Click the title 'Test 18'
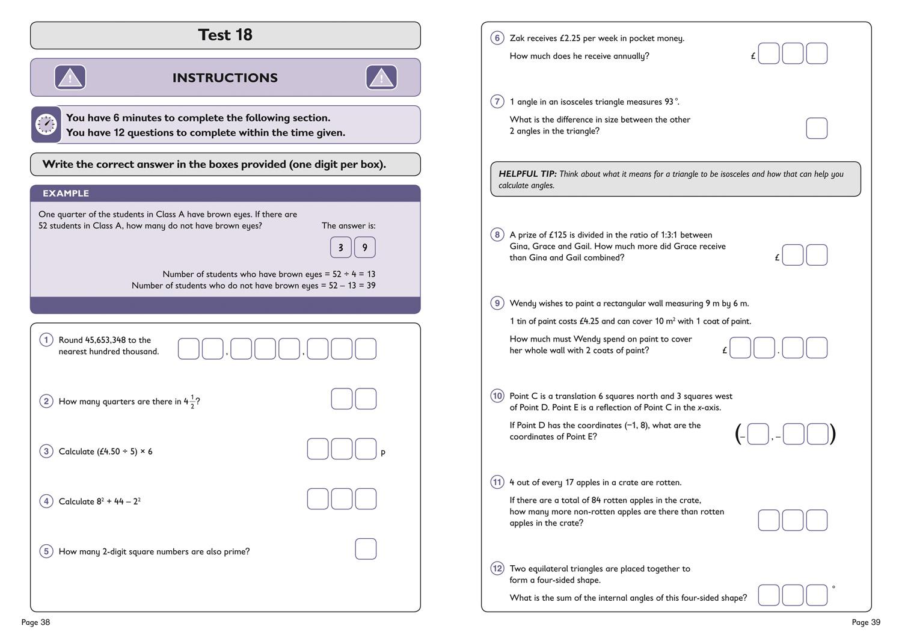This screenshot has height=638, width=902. [x=225, y=35]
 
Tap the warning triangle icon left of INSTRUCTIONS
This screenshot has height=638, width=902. [x=70, y=78]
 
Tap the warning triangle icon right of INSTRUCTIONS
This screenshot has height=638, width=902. [x=381, y=78]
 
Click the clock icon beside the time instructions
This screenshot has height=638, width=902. [x=46, y=124]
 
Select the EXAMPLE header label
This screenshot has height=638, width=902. [x=66, y=193]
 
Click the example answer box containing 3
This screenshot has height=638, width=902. [x=341, y=247]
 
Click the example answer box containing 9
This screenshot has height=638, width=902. [x=364, y=247]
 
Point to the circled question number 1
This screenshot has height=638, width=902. [x=46, y=340]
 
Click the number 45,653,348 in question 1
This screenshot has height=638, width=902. [x=105, y=340]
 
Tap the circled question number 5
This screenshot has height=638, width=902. [x=46, y=551]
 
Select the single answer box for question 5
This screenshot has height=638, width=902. [x=366, y=549]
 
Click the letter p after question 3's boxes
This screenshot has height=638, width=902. [x=383, y=453]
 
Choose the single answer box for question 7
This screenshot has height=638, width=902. [x=816, y=128]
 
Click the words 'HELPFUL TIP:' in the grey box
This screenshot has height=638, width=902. [x=527, y=174]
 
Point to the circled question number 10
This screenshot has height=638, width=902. [x=497, y=396]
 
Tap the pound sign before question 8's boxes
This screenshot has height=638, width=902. [x=777, y=257]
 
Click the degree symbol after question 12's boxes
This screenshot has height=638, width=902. [x=833, y=587]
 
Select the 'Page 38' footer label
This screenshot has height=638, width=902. [x=35, y=622]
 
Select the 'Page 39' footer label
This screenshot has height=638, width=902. [x=866, y=622]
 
